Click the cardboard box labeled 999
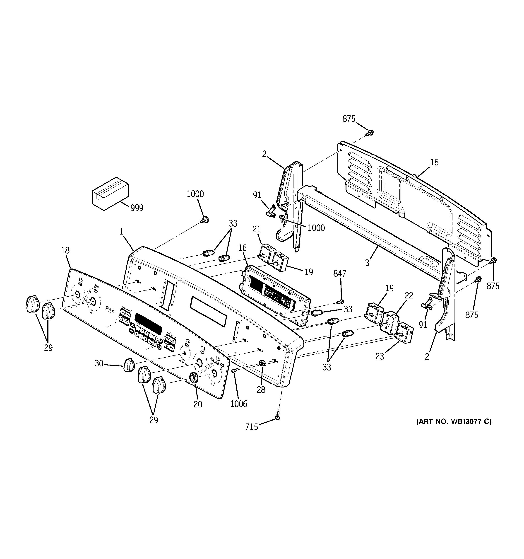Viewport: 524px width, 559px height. click(x=110, y=194)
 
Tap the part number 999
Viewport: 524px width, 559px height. click(x=137, y=208)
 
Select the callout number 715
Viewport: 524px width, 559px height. click(x=251, y=427)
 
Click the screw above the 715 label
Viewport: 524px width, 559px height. click(x=278, y=415)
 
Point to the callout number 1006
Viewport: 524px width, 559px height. click(x=238, y=404)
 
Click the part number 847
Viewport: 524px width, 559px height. click(x=340, y=273)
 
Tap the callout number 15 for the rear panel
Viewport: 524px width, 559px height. click(x=434, y=162)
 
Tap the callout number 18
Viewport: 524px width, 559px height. click(x=65, y=250)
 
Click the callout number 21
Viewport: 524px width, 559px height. click(x=257, y=229)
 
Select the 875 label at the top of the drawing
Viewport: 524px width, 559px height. click(x=349, y=119)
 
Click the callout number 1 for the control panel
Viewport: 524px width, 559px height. click(x=121, y=232)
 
